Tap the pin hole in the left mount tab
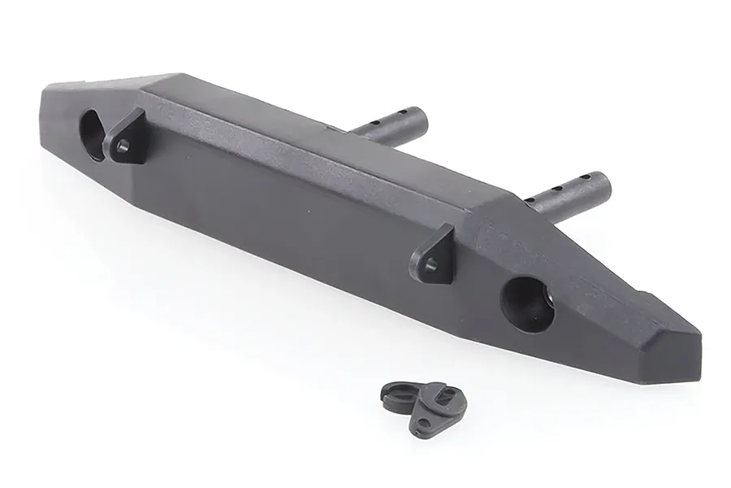tap(122, 146)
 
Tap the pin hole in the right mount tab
tap(431, 264)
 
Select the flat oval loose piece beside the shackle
tap(398, 394)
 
